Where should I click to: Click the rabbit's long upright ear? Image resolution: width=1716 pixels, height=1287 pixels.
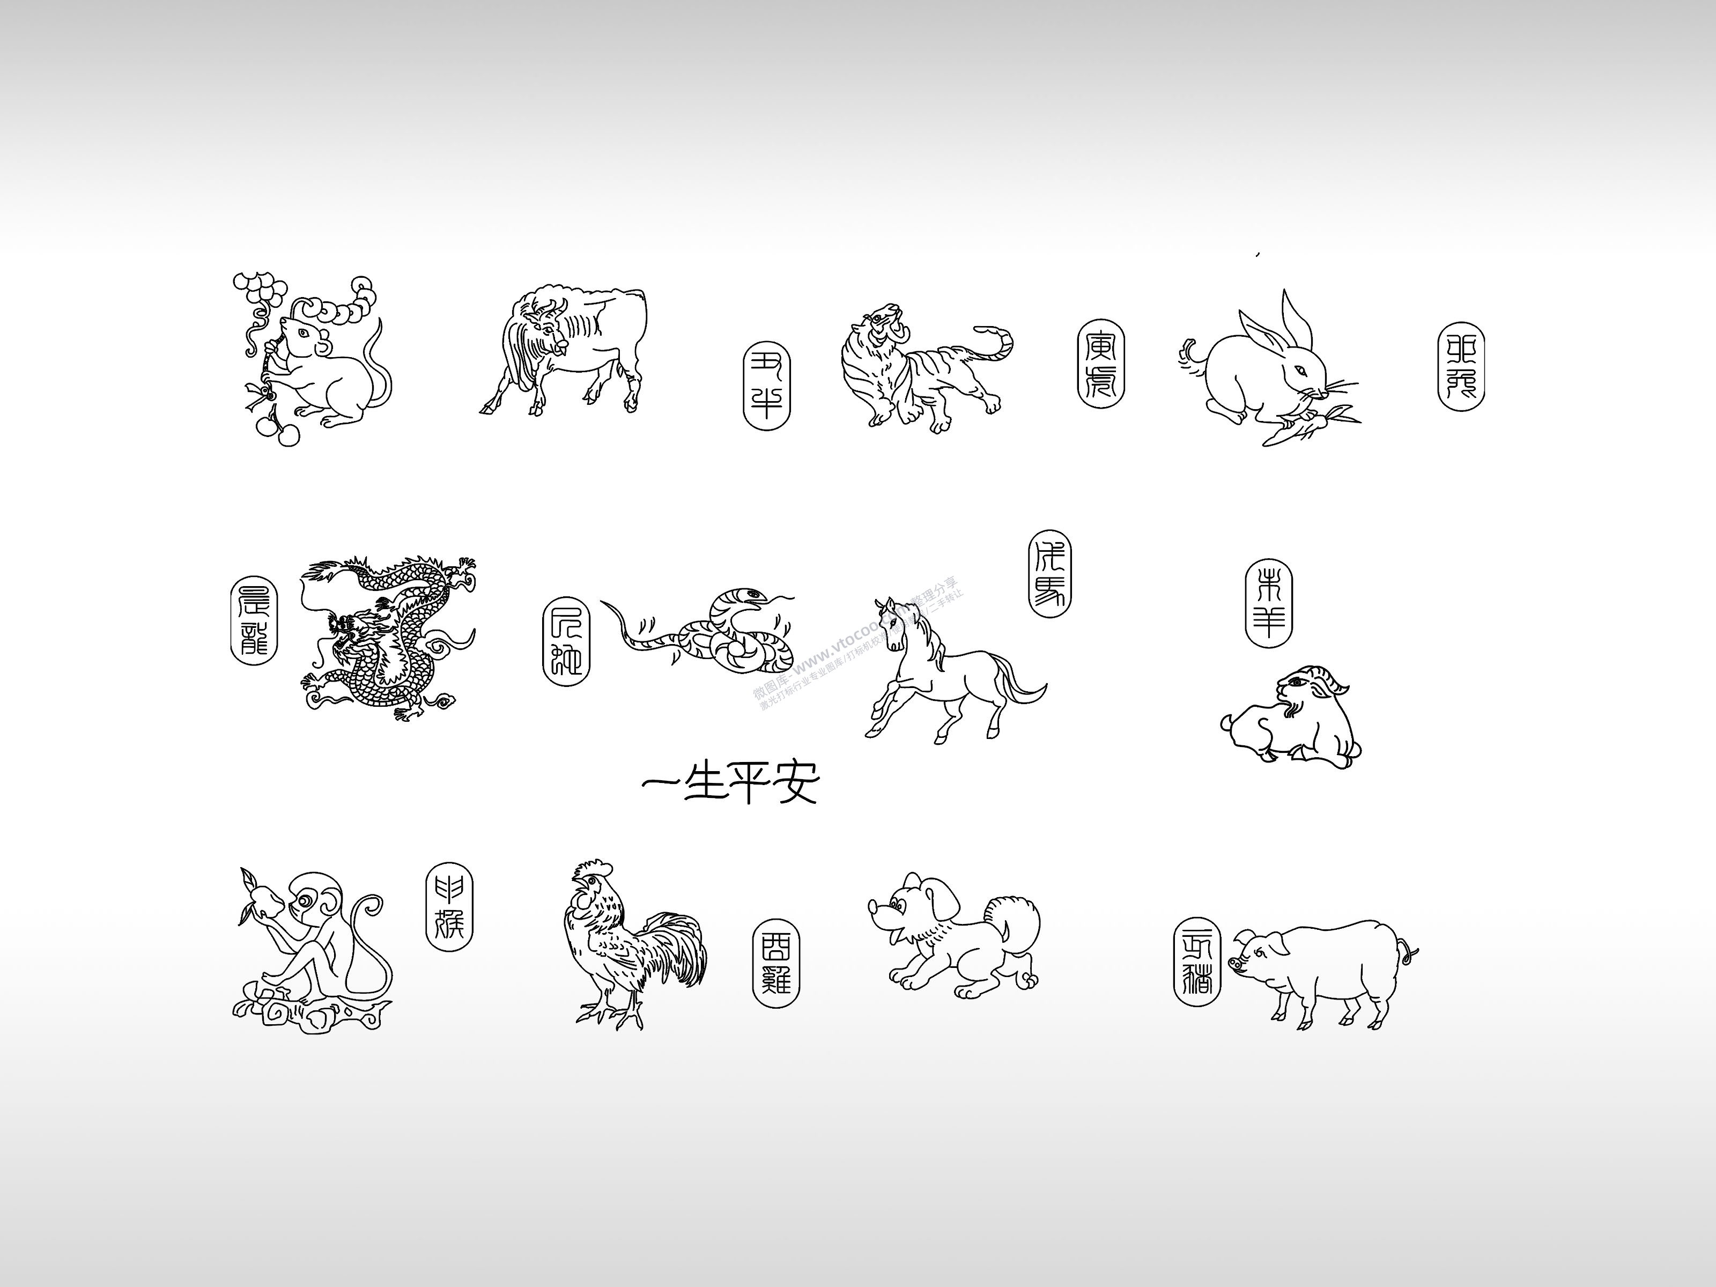1296,322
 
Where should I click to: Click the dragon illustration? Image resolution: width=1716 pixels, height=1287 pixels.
388,636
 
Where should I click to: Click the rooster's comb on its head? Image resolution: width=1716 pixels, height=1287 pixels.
594,869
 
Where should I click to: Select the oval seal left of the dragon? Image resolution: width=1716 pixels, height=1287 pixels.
254,619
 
